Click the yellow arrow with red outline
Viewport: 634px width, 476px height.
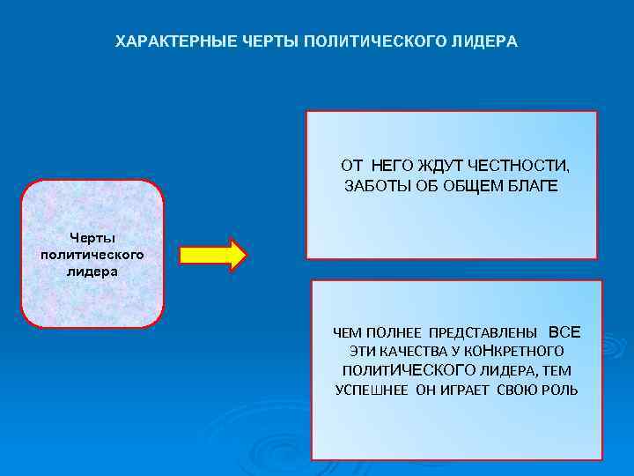213,255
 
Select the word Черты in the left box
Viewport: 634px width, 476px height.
92,237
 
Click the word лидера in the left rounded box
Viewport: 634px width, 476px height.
92,271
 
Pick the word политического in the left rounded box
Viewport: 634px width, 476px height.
92,254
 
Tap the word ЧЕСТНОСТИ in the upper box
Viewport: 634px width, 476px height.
520,165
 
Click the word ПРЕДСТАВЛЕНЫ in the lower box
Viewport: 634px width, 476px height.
483,333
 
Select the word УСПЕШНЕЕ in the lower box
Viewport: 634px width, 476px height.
371,390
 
